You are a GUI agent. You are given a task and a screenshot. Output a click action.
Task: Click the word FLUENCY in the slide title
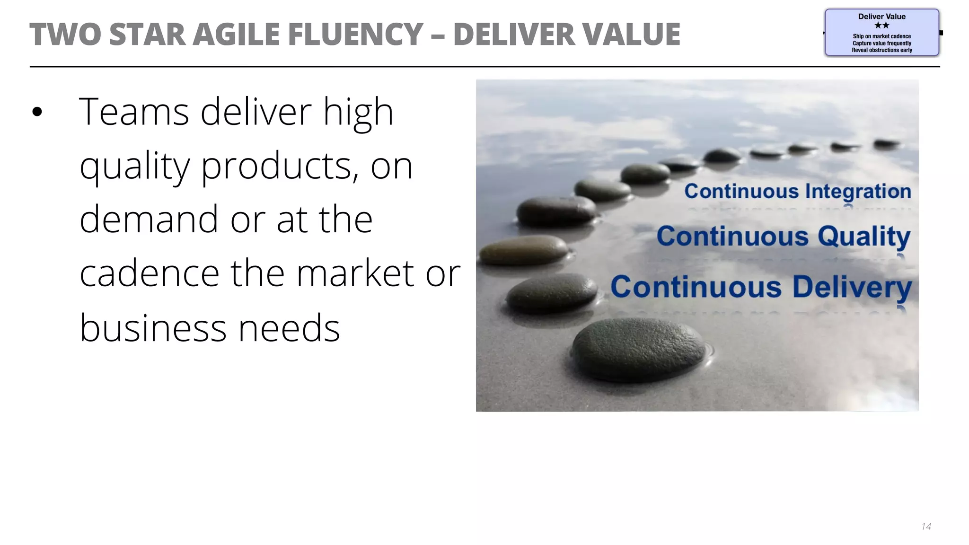pos(355,35)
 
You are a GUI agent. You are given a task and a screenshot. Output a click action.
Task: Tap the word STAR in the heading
pos(147,35)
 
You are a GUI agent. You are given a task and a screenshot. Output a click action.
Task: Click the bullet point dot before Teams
pos(37,112)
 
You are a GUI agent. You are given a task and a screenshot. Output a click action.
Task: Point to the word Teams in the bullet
pos(134,112)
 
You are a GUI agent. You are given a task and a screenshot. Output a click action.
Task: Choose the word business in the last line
pos(153,327)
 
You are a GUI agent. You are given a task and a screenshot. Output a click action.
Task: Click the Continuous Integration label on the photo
pos(798,192)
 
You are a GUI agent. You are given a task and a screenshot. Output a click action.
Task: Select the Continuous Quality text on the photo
pos(783,236)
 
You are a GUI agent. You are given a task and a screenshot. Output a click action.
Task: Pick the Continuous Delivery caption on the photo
pos(761,287)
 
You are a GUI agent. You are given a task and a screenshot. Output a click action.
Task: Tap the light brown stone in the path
pos(524,249)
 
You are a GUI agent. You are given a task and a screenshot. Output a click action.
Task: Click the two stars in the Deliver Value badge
pos(881,26)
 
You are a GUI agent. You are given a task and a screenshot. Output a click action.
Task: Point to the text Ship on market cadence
pos(881,36)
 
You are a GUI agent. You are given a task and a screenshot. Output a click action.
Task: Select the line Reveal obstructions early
pos(881,50)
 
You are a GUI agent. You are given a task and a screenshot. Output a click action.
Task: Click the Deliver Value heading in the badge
pos(881,17)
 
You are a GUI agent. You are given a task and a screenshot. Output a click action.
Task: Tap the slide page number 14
pos(926,527)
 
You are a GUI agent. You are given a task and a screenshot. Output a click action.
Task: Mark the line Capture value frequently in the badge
pos(881,43)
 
